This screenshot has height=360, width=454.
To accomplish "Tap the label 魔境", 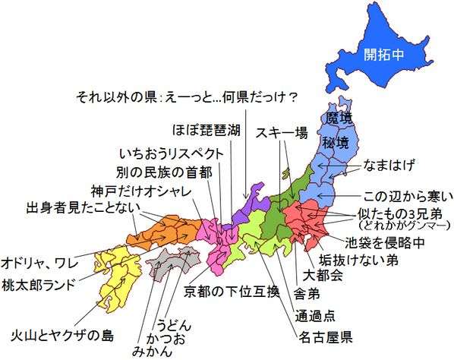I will coord(339,118).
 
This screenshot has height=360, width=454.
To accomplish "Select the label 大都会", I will coord(323,275).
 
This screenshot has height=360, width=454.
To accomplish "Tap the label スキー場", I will coord(281,133).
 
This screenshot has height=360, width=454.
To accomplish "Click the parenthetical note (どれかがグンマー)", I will coord(398,226).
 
